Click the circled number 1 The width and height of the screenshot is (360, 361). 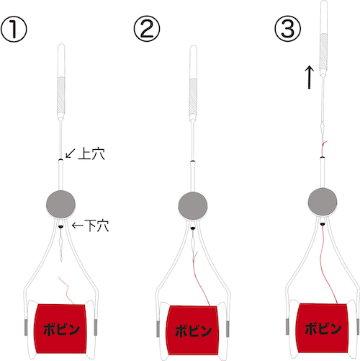click(14, 30)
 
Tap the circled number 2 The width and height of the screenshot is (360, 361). click(147, 29)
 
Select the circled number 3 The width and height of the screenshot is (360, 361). click(287, 29)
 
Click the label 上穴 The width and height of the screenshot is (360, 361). click(91, 153)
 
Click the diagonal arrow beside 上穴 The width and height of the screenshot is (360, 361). click(71, 153)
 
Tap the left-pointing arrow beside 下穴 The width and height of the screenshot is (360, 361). click(78, 226)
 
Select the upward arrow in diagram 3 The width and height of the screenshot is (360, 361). click(310, 77)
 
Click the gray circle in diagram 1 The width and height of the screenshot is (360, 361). click(60, 204)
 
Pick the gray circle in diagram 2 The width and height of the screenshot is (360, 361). click(193, 205)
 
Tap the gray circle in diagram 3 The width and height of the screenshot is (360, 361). click(323, 202)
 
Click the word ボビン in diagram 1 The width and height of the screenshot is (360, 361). click(61, 329)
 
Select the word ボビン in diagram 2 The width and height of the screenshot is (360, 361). click(194, 331)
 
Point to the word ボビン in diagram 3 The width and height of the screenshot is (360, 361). click(323, 329)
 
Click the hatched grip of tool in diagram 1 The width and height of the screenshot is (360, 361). click(61, 96)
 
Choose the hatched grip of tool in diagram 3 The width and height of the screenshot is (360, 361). click(323, 51)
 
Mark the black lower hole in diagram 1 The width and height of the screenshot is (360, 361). click(60, 226)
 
